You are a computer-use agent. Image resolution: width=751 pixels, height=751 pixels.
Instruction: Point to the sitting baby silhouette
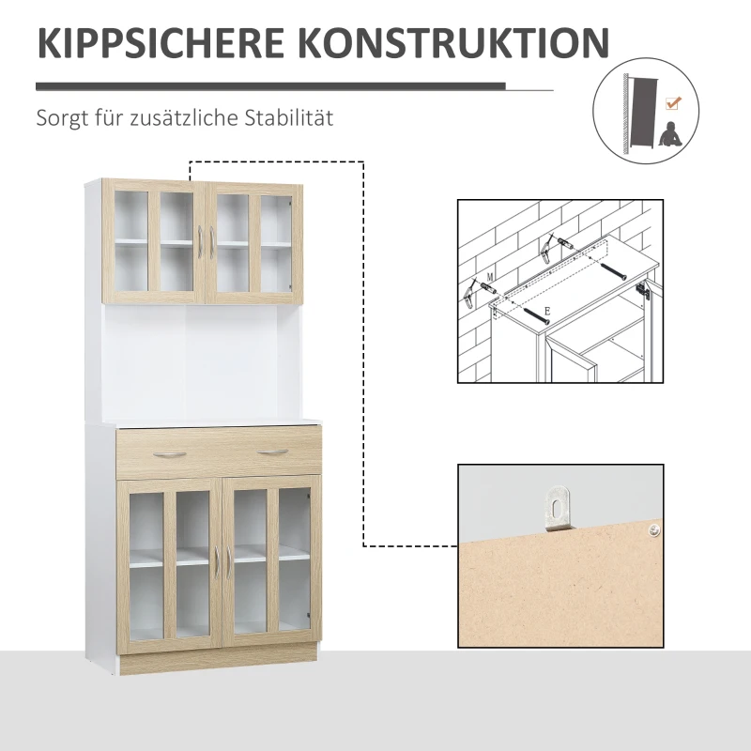(x=670, y=133)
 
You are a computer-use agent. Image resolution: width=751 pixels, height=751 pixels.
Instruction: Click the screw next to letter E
(x=531, y=310)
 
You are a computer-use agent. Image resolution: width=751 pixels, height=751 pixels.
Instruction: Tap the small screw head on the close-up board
(x=650, y=531)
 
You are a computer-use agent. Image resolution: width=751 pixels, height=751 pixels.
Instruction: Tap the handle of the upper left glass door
(x=201, y=246)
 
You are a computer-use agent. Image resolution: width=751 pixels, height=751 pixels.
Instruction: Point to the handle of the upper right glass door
(x=214, y=246)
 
